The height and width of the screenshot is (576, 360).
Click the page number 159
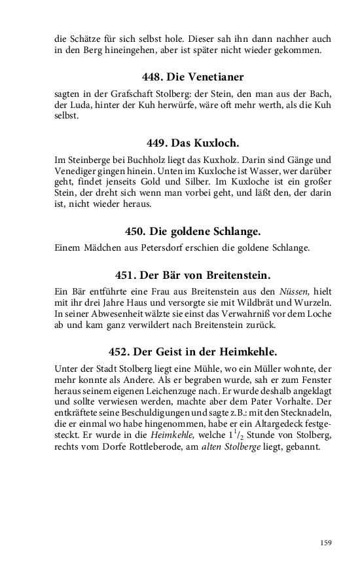pyautogui.click(x=327, y=543)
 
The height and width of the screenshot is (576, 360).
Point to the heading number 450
pyautogui.click(x=135, y=231)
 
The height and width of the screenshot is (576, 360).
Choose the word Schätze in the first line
pyautogui.click(x=86, y=39)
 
